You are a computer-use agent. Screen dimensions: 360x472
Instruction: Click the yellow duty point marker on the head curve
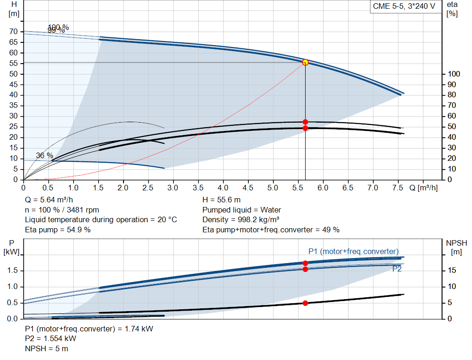point(305,62)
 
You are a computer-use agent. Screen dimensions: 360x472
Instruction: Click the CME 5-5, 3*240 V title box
point(404,7)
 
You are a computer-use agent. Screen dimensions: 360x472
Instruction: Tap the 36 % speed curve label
point(44,156)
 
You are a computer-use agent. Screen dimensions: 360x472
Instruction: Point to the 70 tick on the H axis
point(14,31)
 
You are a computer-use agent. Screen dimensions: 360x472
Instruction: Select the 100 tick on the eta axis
point(454,74)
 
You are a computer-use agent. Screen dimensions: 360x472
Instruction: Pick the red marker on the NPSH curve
point(305,303)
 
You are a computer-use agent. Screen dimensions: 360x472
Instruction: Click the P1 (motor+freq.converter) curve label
point(353,251)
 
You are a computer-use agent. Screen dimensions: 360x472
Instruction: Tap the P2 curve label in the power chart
point(396,269)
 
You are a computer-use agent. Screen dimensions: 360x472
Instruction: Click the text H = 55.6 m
point(221,200)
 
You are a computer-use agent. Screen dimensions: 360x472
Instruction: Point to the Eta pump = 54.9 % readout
point(58,230)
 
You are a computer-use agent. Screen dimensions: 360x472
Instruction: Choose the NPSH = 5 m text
point(47,348)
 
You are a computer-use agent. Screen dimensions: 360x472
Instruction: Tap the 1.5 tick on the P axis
point(13,271)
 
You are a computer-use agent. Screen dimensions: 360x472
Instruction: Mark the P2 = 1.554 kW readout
point(51,339)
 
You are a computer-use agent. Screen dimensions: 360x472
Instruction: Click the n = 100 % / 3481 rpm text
point(62,210)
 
